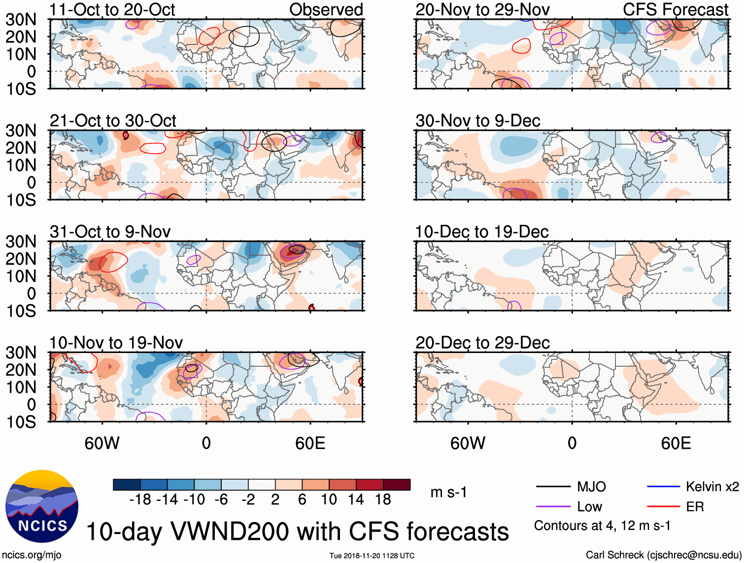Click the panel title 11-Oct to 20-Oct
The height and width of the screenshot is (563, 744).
tap(112, 10)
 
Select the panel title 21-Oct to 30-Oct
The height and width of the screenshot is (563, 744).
tap(113, 121)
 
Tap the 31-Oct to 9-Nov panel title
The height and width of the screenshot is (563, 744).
tap(110, 232)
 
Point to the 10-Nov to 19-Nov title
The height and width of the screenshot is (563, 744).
tap(116, 343)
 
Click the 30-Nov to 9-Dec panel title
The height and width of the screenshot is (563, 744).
tap(478, 121)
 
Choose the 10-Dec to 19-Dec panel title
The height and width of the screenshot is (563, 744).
tap(482, 232)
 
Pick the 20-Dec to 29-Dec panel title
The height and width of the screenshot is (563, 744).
tap(482, 343)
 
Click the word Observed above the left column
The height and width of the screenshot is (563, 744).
tap(326, 10)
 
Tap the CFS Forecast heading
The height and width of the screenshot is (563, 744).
tap(676, 10)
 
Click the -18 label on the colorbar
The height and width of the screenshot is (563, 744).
tap(140, 500)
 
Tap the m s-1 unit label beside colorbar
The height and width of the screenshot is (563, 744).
tap(448, 493)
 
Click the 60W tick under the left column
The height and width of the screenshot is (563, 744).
tap(102, 443)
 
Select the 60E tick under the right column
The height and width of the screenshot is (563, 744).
tap(676, 443)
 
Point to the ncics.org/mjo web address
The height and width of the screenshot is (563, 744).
tap(32, 555)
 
